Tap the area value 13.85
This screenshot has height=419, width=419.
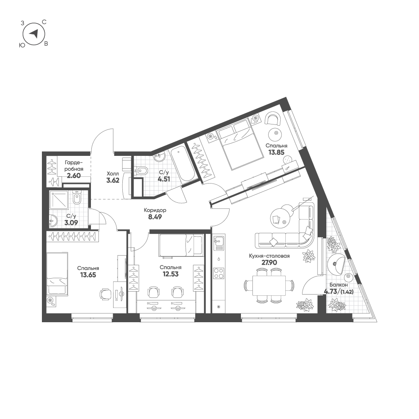[276, 153]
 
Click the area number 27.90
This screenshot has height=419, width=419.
[269, 262]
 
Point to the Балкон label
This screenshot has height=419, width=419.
[339, 285]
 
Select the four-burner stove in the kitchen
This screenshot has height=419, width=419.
[219, 273]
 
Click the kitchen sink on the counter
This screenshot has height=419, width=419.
[219, 243]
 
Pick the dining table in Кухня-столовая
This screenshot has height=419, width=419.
[269, 285]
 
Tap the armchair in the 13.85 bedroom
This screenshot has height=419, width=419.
[273, 119]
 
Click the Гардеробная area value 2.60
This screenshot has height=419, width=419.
[74, 176]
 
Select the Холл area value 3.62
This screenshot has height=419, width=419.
[113, 180]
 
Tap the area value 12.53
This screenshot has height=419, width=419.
[171, 274]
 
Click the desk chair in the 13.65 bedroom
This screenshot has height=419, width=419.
[105, 295]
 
